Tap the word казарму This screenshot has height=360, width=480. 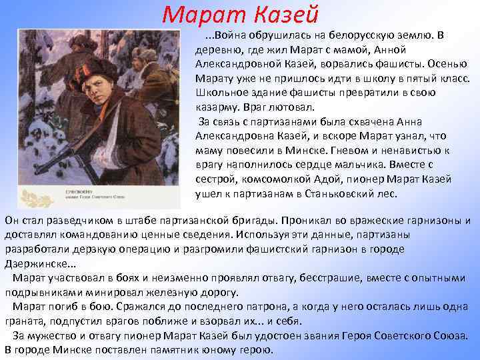[217, 107]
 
